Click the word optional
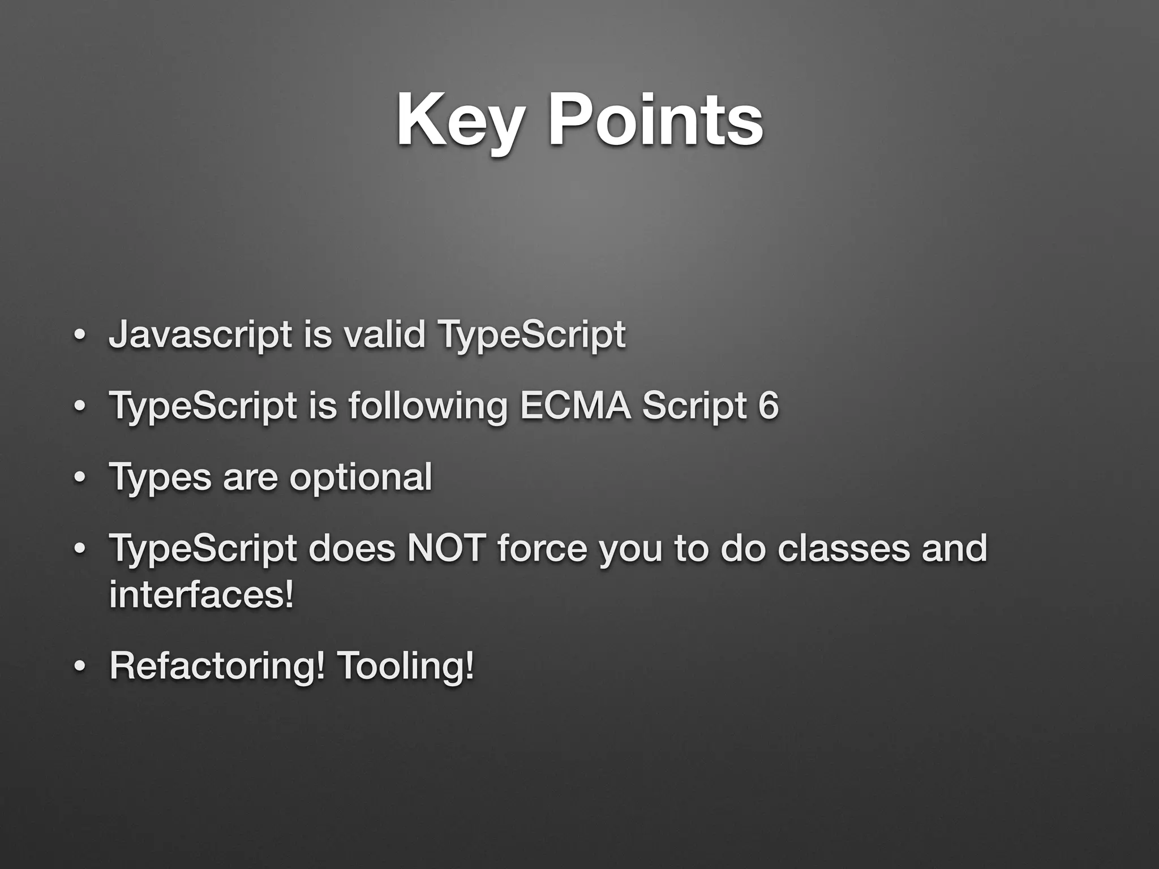click(x=360, y=477)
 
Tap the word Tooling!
click(x=405, y=666)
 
